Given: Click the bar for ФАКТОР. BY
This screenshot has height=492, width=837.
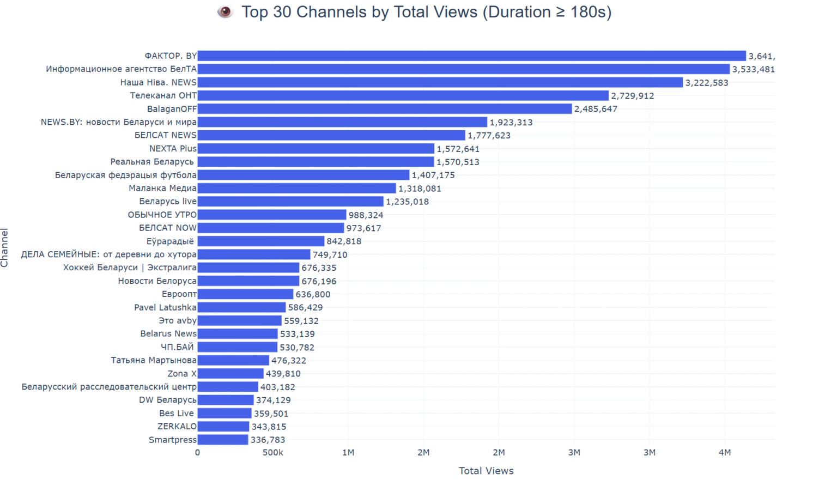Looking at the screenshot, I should (471, 56).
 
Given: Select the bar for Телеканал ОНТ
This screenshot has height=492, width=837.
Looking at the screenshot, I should (403, 96).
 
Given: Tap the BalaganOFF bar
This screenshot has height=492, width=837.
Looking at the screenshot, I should (385, 109).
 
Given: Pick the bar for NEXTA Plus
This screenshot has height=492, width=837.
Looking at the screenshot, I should (316, 149).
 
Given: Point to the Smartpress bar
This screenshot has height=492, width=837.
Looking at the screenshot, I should (223, 440).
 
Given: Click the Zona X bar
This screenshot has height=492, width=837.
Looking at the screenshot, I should (231, 374).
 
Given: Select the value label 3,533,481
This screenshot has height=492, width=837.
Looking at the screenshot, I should (753, 69).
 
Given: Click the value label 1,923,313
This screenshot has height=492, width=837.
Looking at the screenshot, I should (511, 123).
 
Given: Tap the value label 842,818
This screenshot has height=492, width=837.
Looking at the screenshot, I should (344, 241).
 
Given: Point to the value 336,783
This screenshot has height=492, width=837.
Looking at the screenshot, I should (268, 440).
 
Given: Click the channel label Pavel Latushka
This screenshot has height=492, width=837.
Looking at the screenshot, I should (165, 307).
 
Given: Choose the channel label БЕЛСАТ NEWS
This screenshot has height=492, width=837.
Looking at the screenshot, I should (165, 135).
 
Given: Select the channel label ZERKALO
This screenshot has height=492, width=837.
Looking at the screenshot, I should (177, 427).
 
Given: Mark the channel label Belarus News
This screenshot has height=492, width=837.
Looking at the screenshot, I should (168, 334).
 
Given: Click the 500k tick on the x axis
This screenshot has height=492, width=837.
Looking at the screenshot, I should (272, 453).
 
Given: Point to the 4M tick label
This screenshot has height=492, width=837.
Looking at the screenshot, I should (724, 453).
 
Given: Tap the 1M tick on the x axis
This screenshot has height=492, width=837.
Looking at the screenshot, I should (348, 453).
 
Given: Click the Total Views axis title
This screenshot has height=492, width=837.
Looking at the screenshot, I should (486, 471).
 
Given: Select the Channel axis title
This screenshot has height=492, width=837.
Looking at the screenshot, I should (5, 248).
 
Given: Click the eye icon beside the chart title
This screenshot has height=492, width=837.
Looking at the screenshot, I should (225, 12).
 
